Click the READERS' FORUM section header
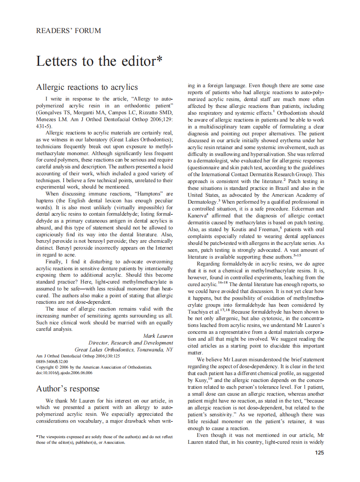coord(68,31)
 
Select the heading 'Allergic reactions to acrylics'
coord(87,87)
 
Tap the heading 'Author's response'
coord(67,389)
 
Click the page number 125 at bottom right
coord(319,452)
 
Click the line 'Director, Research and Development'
coord(131,342)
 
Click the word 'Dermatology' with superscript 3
coord(202,202)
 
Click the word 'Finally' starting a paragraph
coord(54,261)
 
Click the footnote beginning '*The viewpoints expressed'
coord(104,437)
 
